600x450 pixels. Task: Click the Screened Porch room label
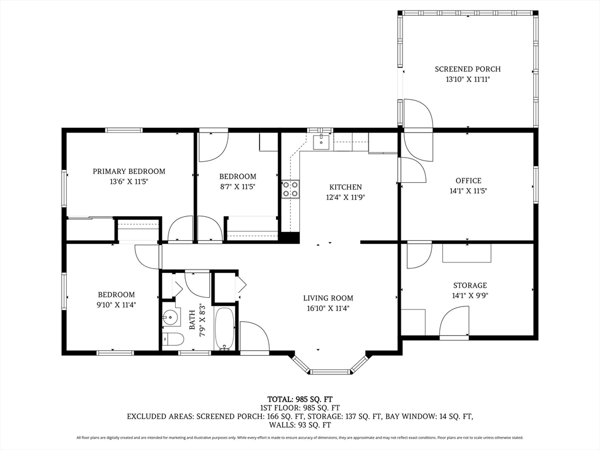[468, 69]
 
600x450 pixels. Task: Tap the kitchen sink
[321, 142]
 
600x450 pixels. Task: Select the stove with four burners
[291, 189]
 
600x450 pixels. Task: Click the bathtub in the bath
[224, 329]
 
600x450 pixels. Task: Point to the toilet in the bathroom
[173, 339]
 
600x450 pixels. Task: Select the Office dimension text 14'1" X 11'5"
[468, 190]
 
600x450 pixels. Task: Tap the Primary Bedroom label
[129, 172]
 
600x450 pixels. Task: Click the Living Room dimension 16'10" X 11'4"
[328, 308]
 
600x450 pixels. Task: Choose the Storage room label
[470, 285]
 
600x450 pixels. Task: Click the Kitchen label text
[346, 187]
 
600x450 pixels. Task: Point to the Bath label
[192, 319]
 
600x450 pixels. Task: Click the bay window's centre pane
[330, 371]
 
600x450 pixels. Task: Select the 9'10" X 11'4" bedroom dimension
[117, 305]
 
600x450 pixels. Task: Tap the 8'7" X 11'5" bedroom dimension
[238, 187]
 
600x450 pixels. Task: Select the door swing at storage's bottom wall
[454, 323]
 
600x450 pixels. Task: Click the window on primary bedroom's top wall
[124, 130]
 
